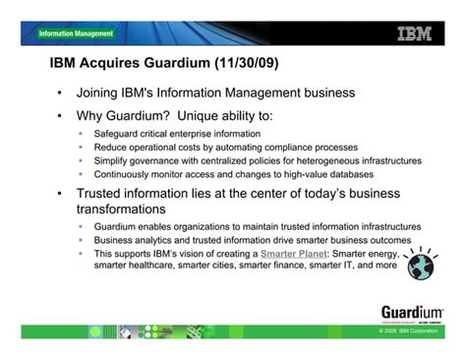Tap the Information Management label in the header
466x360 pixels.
[x=76, y=33]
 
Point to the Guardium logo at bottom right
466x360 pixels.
[x=410, y=314]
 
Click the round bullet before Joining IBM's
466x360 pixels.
[x=60, y=94]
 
